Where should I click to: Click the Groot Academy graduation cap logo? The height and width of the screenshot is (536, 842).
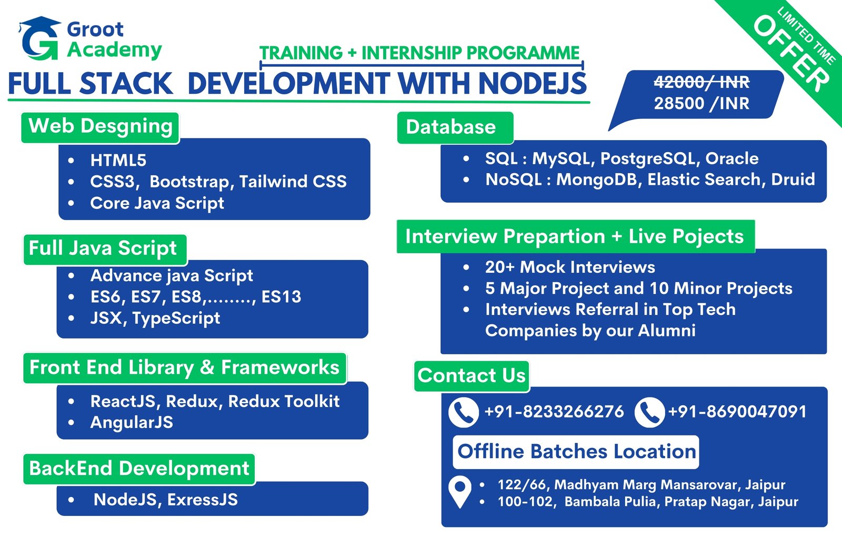click(x=39, y=38)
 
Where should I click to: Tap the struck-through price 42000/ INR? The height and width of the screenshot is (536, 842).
click(x=701, y=82)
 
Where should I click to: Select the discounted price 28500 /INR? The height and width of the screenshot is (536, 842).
click(x=701, y=103)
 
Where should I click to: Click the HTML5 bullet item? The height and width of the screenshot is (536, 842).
click(x=118, y=160)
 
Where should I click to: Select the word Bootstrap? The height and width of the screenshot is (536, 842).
click(x=189, y=182)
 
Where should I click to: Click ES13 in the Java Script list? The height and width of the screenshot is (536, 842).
click(x=281, y=297)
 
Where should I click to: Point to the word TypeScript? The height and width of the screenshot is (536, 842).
click(x=176, y=319)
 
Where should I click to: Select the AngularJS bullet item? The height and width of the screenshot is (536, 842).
click(x=132, y=422)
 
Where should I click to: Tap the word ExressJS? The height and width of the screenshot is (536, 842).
click(x=202, y=500)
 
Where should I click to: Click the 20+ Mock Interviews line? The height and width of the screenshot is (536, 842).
click(x=570, y=267)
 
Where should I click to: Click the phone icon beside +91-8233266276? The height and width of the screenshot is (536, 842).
click(x=464, y=412)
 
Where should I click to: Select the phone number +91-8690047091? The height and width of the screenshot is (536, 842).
click(x=737, y=412)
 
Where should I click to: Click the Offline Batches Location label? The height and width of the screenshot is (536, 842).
click(x=576, y=452)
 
